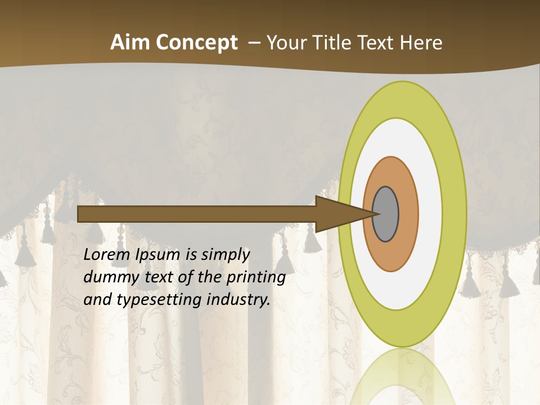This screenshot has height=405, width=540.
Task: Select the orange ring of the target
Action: coord(407,214)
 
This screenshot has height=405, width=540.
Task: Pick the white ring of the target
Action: coord(430,214)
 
